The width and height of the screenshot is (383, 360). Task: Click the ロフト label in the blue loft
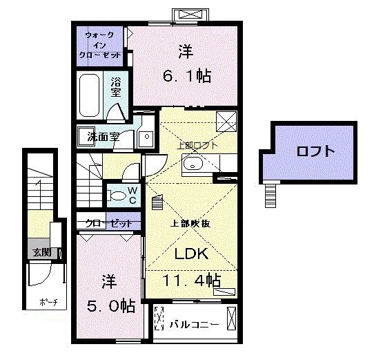coord(315,151)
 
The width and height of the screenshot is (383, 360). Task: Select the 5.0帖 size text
coord(109,304)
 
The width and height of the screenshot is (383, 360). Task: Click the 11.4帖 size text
coord(192,281)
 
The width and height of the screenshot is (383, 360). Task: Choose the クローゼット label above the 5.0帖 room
coord(108,223)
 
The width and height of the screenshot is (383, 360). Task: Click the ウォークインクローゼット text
coord(99,44)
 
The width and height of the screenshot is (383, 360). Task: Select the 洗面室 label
coord(103,137)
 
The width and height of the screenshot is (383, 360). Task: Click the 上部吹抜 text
coord(190,223)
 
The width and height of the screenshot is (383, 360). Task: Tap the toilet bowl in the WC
coord(119,198)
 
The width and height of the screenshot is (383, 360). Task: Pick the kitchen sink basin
coord(193,164)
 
